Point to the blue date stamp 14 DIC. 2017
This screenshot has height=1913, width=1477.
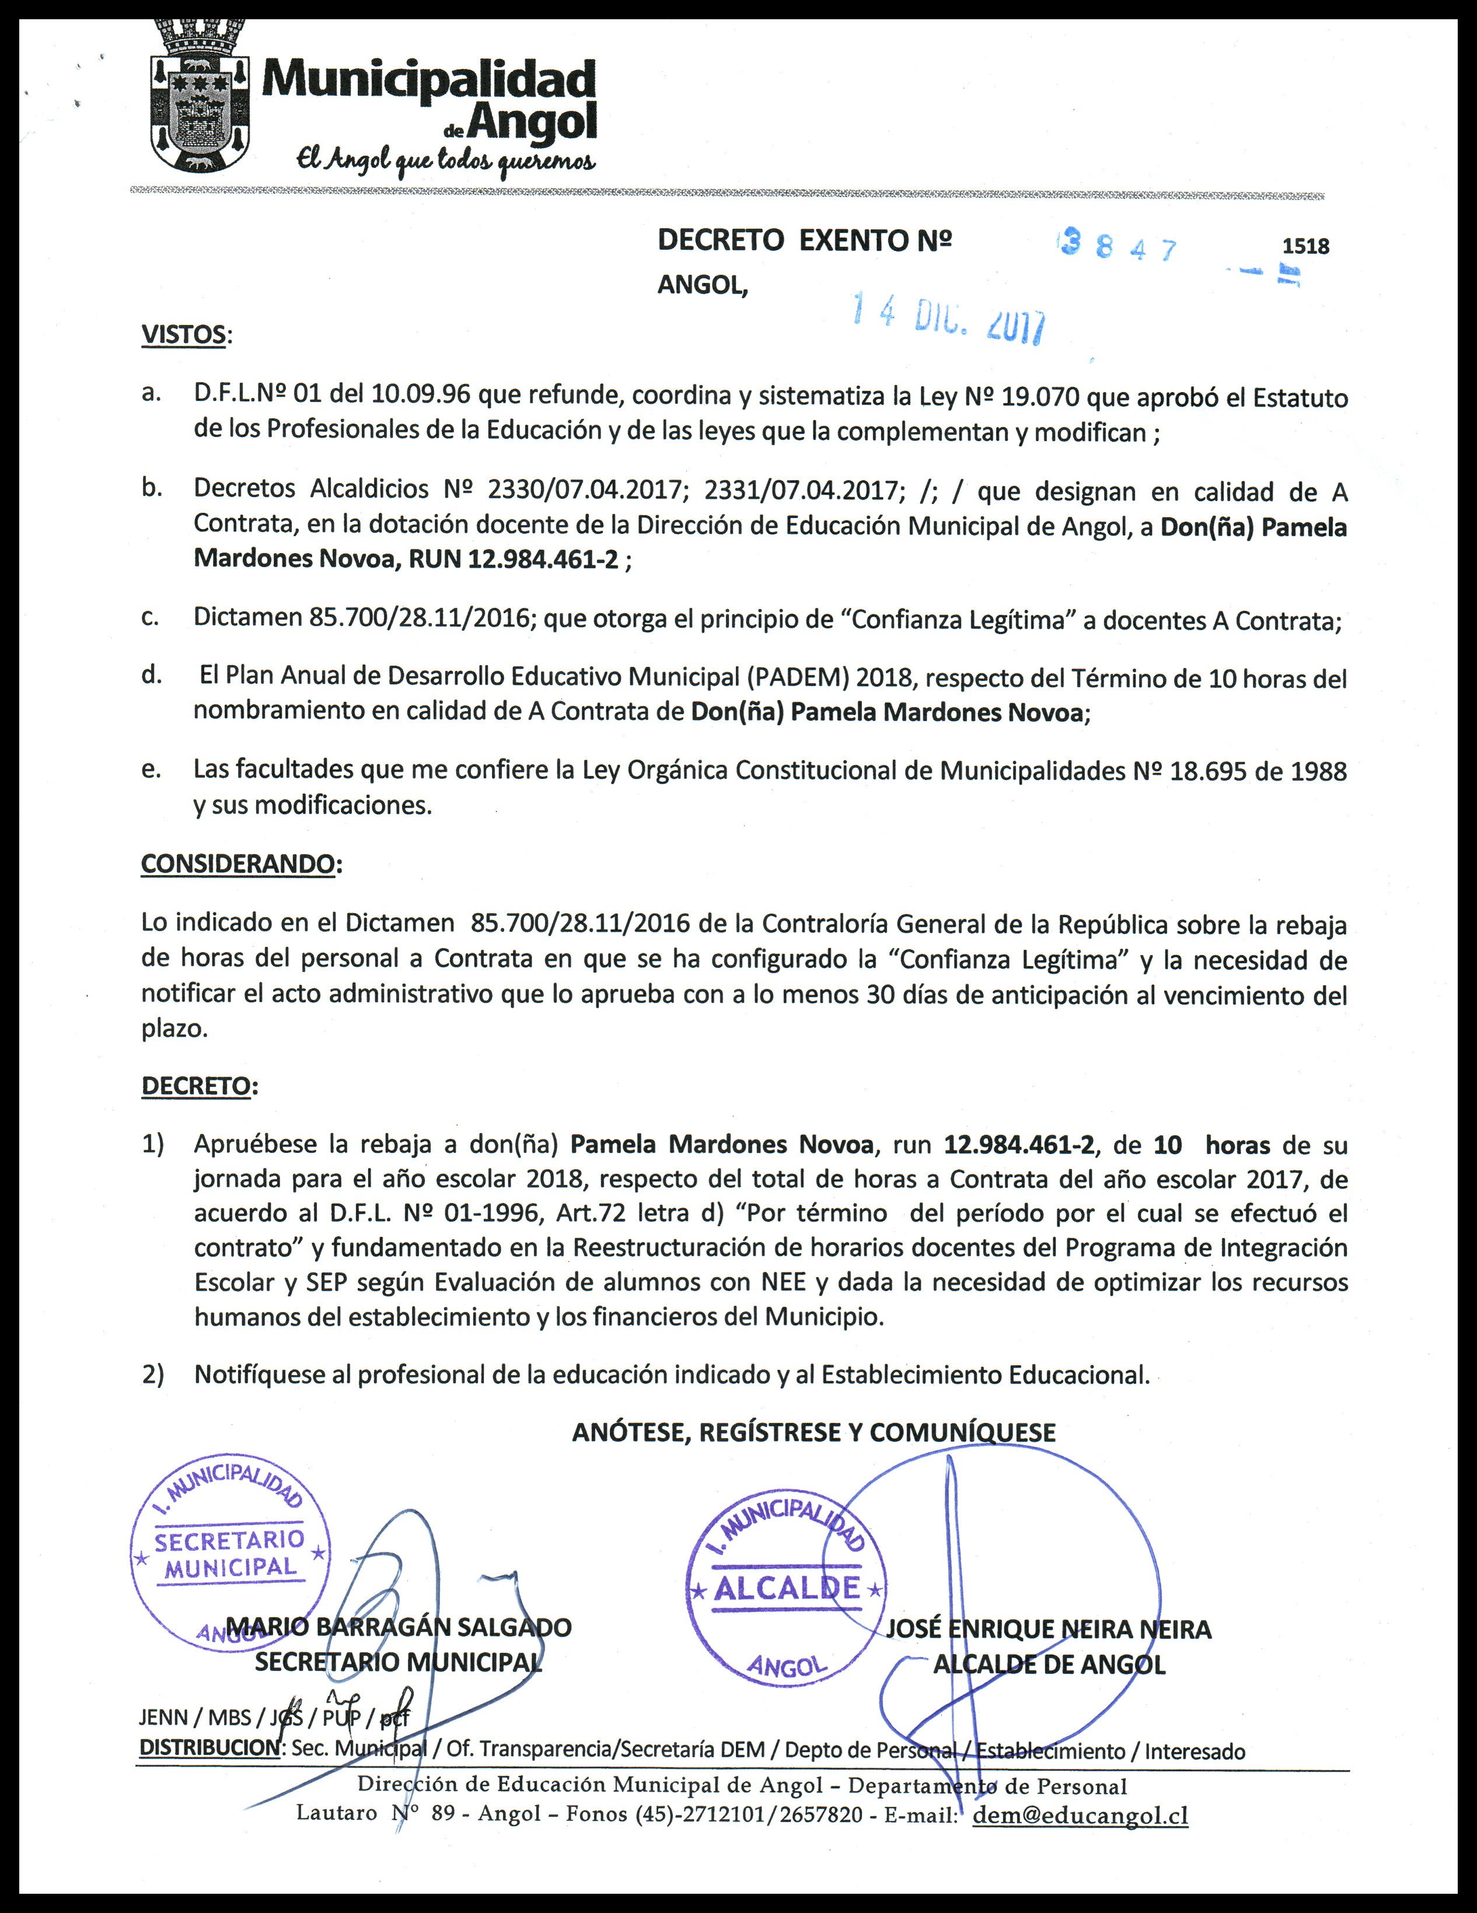[x=949, y=319]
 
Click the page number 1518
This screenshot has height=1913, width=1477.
[x=1305, y=246]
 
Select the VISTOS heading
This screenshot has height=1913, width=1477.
[x=183, y=335]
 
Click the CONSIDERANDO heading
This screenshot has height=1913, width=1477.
[x=238, y=863]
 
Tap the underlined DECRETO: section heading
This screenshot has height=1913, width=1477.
[x=198, y=1086]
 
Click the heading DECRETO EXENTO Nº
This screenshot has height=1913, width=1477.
[x=804, y=240]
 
